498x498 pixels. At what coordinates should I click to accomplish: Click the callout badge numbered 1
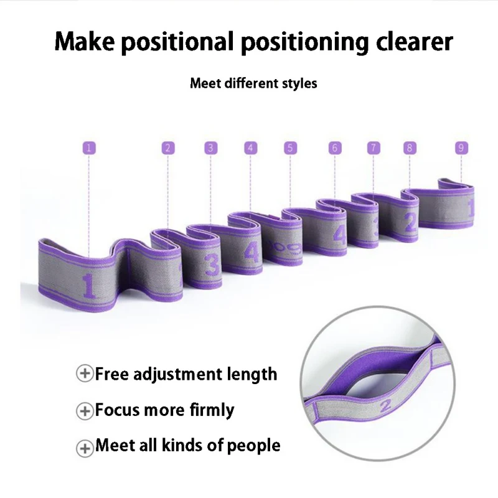click(89, 148)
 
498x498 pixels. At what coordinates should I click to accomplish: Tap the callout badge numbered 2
click(167, 148)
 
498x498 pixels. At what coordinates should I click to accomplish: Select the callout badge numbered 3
click(211, 148)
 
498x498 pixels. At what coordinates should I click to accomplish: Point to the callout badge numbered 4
click(250, 148)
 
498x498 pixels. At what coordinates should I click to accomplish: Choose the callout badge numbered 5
click(290, 148)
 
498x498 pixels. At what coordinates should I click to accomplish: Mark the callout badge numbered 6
click(335, 148)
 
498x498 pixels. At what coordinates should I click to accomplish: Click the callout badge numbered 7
click(373, 148)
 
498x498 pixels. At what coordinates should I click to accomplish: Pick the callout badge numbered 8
click(409, 148)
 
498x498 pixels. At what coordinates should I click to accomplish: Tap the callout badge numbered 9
click(461, 148)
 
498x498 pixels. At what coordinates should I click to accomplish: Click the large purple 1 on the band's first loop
click(88, 286)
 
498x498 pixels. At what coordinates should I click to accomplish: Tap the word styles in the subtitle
click(300, 83)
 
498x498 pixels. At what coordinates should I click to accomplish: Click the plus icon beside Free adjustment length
click(84, 374)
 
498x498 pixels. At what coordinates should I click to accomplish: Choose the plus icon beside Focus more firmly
click(84, 410)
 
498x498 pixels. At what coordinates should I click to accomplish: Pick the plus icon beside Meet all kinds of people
click(84, 446)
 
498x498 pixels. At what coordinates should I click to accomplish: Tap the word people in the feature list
click(254, 446)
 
